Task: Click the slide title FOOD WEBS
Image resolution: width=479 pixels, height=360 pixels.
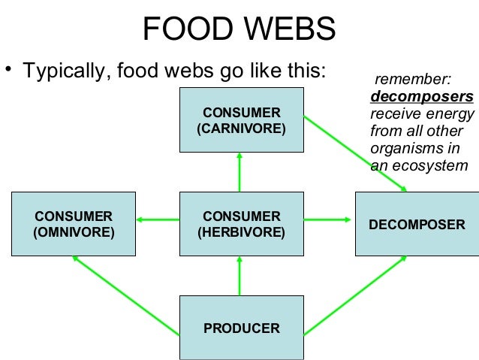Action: [x=239, y=30]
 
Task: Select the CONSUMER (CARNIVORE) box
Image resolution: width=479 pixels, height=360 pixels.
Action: [x=241, y=120]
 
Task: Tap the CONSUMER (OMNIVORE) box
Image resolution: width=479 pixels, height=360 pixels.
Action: [x=74, y=224]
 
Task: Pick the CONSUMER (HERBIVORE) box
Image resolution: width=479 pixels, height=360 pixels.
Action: [x=241, y=224]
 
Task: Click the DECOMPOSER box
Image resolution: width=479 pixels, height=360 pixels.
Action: [x=417, y=224]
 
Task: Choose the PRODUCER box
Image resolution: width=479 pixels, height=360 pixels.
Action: [x=241, y=328]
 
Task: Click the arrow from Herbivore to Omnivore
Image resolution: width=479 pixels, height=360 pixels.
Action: [x=158, y=220]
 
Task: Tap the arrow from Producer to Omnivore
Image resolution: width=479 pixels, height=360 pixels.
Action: [x=126, y=295]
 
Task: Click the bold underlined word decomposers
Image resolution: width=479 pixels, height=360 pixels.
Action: [x=422, y=97]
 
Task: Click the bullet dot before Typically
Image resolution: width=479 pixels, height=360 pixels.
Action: [x=9, y=71]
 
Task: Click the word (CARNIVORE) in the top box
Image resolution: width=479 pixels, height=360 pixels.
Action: [x=241, y=129]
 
